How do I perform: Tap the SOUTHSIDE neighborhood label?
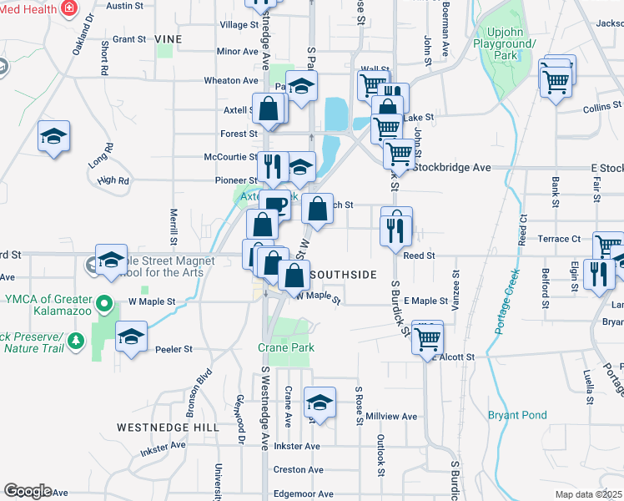point(343,274)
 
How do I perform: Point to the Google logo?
point(27,491)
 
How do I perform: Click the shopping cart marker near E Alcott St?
point(427,338)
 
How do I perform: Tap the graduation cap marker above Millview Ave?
point(320,403)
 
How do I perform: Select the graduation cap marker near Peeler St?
point(130,337)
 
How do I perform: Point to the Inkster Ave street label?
point(297,446)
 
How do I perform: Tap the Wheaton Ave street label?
point(231,80)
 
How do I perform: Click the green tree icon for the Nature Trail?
point(77,341)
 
